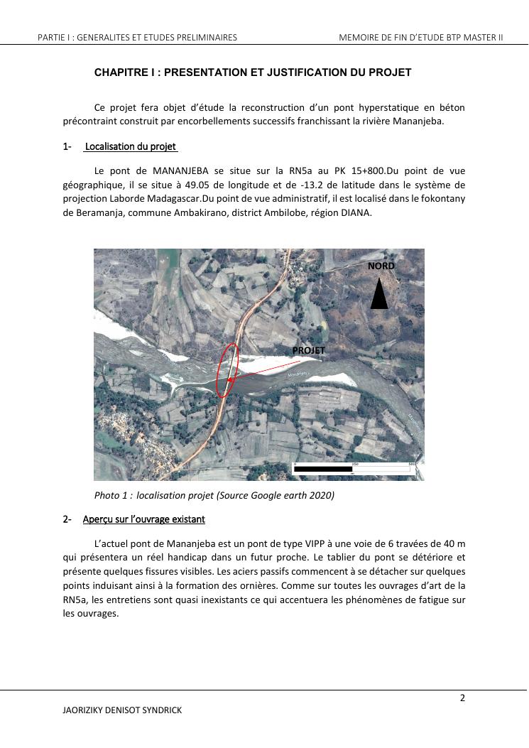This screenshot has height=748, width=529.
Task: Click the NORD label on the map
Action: tap(381, 266)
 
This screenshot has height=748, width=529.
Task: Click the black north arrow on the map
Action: tap(379, 294)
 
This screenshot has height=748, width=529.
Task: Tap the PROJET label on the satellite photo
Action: tap(308, 350)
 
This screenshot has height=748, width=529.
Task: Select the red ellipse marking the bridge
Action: tap(228, 370)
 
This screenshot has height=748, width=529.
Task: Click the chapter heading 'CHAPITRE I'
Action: tap(253, 72)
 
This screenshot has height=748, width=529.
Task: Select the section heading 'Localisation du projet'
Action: tap(131, 147)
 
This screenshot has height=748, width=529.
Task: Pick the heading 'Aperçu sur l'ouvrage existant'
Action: tap(143, 519)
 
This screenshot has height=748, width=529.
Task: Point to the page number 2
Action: tap(462, 698)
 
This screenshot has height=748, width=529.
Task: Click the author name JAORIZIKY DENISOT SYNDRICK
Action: tap(127, 710)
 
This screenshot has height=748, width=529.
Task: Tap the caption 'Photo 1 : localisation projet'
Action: tap(214, 495)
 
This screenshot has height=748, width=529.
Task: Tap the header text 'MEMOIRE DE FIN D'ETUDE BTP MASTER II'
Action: tap(420, 37)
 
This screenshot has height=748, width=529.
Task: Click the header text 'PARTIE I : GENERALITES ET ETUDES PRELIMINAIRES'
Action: tap(138, 37)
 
